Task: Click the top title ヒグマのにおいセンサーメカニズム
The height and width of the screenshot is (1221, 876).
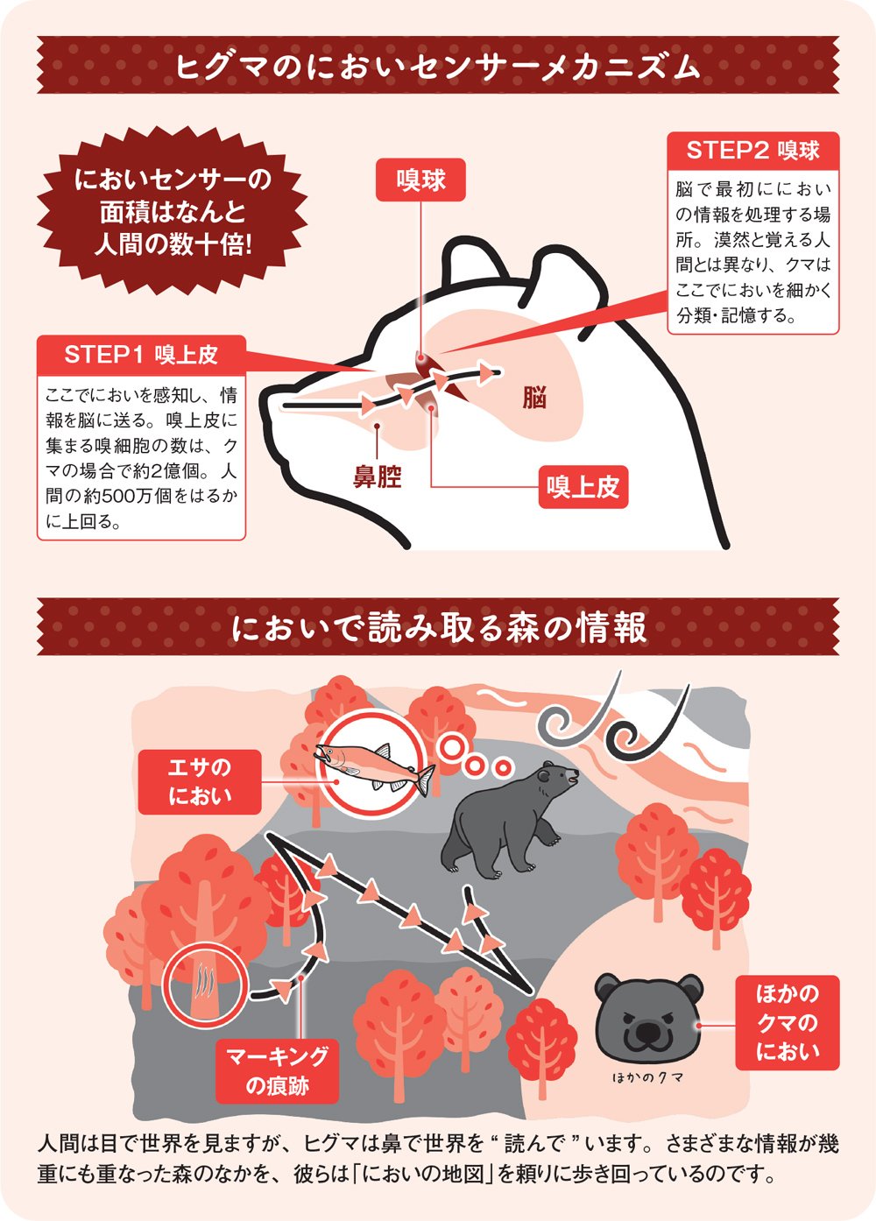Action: point(438,66)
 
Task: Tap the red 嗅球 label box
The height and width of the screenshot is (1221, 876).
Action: point(420,180)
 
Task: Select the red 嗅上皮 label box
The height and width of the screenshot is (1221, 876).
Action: point(583,487)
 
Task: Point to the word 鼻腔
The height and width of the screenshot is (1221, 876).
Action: point(377,477)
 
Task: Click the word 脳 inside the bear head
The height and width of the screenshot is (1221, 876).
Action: point(534,398)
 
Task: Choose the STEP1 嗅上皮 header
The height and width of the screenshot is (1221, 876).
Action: point(141,355)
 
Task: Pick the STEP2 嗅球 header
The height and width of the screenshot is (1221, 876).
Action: point(752,151)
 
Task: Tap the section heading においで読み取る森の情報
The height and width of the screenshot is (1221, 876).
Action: point(438,627)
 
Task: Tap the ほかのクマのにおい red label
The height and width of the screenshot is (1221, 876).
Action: point(787,1022)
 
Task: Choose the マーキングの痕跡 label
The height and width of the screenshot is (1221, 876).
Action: point(277,1071)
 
